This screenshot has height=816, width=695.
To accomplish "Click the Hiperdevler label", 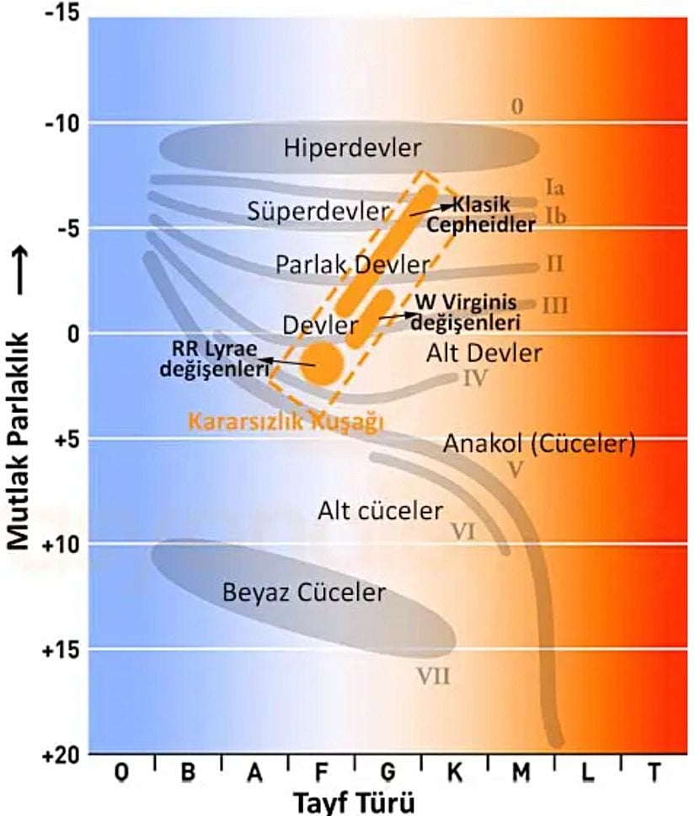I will pyautogui.click(x=352, y=148).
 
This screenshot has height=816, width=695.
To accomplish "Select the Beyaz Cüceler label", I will pyautogui.click(x=304, y=592).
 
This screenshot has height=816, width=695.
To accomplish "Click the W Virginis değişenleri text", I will pyautogui.click(x=466, y=313).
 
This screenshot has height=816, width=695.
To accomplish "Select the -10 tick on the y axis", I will pyautogui.click(x=60, y=123).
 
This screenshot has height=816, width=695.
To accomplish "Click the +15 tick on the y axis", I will pyautogui.click(x=60, y=649).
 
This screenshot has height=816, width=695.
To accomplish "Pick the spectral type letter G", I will pyautogui.click(x=387, y=771).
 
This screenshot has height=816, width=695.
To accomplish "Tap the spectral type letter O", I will pyautogui.click(x=123, y=771).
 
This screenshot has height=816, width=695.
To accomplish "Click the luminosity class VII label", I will pyautogui.click(x=435, y=675).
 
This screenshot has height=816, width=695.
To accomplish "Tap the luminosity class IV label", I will pyautogui.click(x=475, y=378).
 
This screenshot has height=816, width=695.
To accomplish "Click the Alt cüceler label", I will pyautogui.click(x=380, y=510).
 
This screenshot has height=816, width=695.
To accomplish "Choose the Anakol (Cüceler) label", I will pyautogui.click(x=539, y=443).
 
